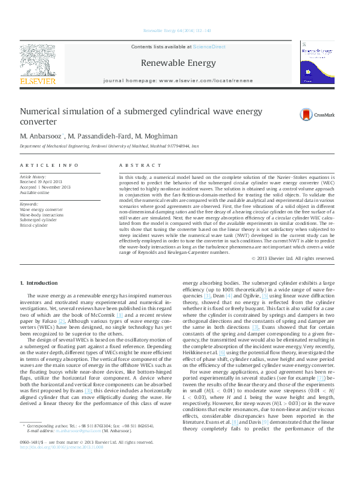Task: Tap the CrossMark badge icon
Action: (x=313, y=114)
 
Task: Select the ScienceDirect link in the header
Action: (x=211, y=47)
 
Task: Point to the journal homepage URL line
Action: (x=178, y=80)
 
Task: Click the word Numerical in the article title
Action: (x=41, y=112)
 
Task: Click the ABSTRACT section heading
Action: (x=135, y=165)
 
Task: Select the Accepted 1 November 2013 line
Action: (x=45, y=186)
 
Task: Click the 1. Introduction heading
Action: (x=39, y=283)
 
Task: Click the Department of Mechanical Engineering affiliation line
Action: (x=110, y=146)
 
